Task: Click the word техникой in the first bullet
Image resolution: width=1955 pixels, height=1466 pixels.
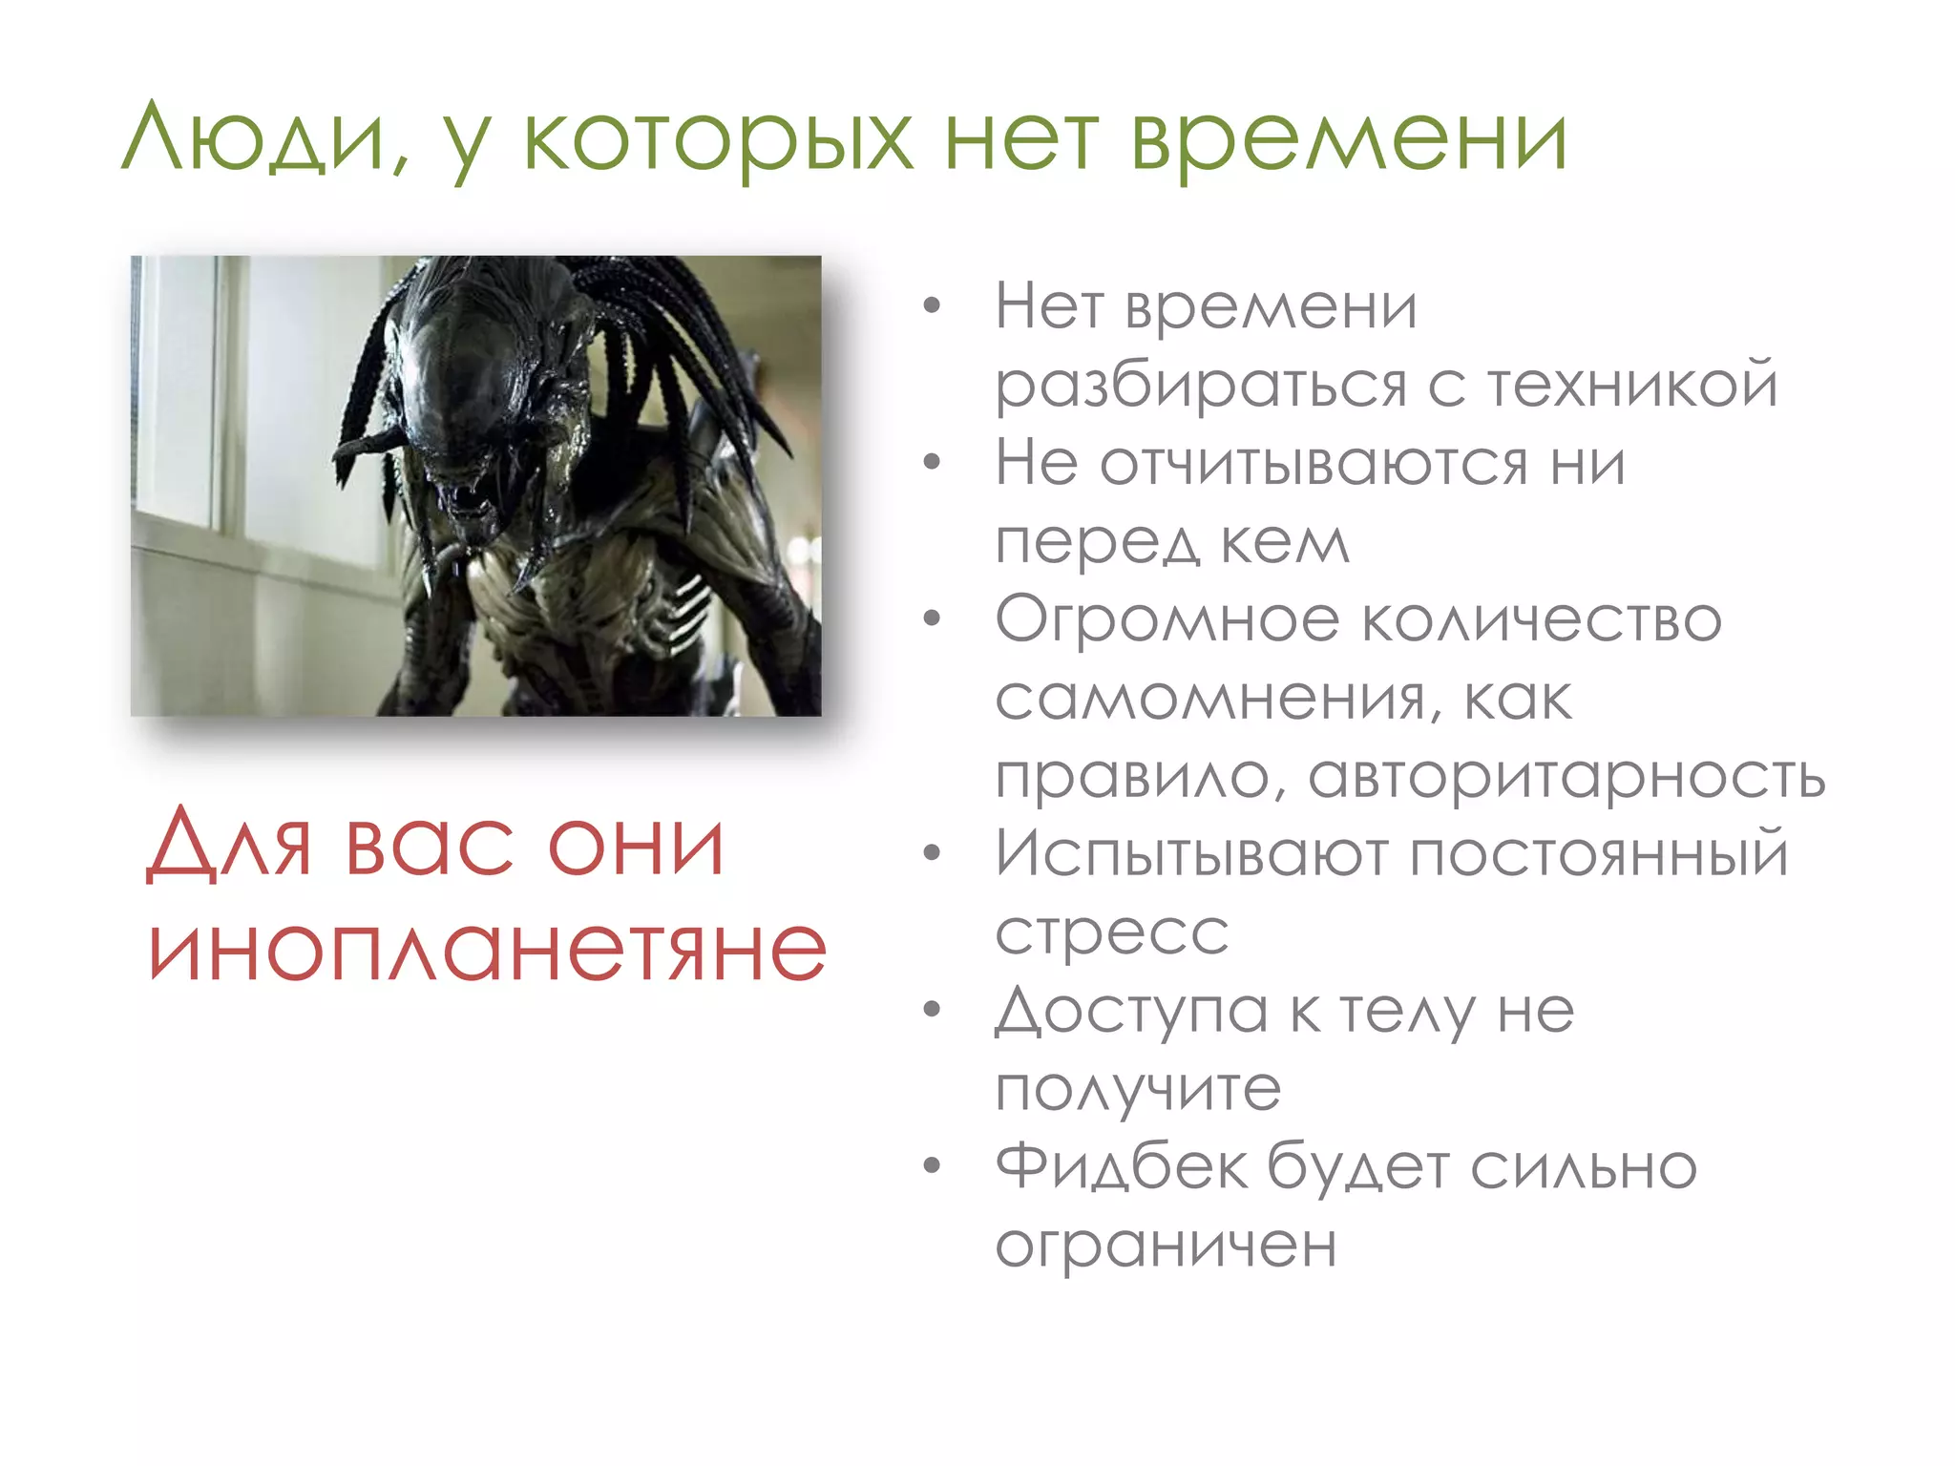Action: click(1632, 385)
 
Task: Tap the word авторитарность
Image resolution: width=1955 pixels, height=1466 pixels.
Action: click(1566, 777)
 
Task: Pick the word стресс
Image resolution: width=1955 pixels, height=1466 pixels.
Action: click(1111, 932)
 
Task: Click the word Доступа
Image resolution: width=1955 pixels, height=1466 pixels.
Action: click(1130, 1011)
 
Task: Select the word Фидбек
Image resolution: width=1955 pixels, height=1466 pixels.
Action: click(1121, 1166)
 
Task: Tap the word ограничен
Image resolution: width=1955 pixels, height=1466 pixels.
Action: click(1165, 1246)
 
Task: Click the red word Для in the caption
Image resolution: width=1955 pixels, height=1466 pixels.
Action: click(229, 844)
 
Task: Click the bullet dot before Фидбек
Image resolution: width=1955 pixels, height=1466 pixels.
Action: click(932, 1165)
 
